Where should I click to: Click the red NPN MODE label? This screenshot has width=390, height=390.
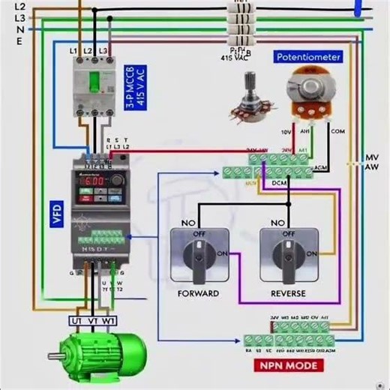(x=289, y=366)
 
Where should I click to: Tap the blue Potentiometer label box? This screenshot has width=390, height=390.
(x=308, y=57)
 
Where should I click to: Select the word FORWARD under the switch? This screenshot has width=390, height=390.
(x=198, y=292)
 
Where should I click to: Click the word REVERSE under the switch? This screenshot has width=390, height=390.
(x=287, y=292)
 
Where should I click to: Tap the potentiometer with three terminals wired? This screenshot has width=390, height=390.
(x=308, y=93)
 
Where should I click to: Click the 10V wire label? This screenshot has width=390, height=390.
(x=285, y=132)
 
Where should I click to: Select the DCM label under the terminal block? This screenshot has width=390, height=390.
(x=279, y=183)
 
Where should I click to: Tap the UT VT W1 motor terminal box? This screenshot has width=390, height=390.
(x=93, y=321)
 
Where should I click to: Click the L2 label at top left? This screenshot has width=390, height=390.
(x=19, y=6)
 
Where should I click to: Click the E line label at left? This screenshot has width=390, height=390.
(x=19, y=40)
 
